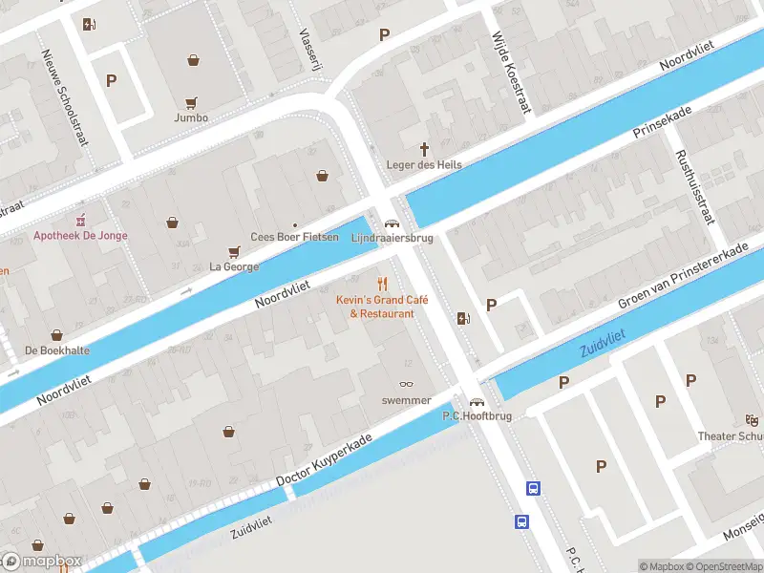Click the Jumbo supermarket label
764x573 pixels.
191,118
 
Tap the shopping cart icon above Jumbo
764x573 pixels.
191,102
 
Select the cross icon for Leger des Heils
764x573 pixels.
424,149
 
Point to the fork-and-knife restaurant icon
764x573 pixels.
382,284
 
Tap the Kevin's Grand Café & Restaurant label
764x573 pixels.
382,307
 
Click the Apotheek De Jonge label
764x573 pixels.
80,236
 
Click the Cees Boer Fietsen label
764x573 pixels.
294,237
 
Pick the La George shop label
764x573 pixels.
234,266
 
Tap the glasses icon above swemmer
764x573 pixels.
407,384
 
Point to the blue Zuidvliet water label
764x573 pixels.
603,343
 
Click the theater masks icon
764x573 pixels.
752,419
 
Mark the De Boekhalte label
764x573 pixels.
57,350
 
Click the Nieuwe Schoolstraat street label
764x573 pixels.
65,96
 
